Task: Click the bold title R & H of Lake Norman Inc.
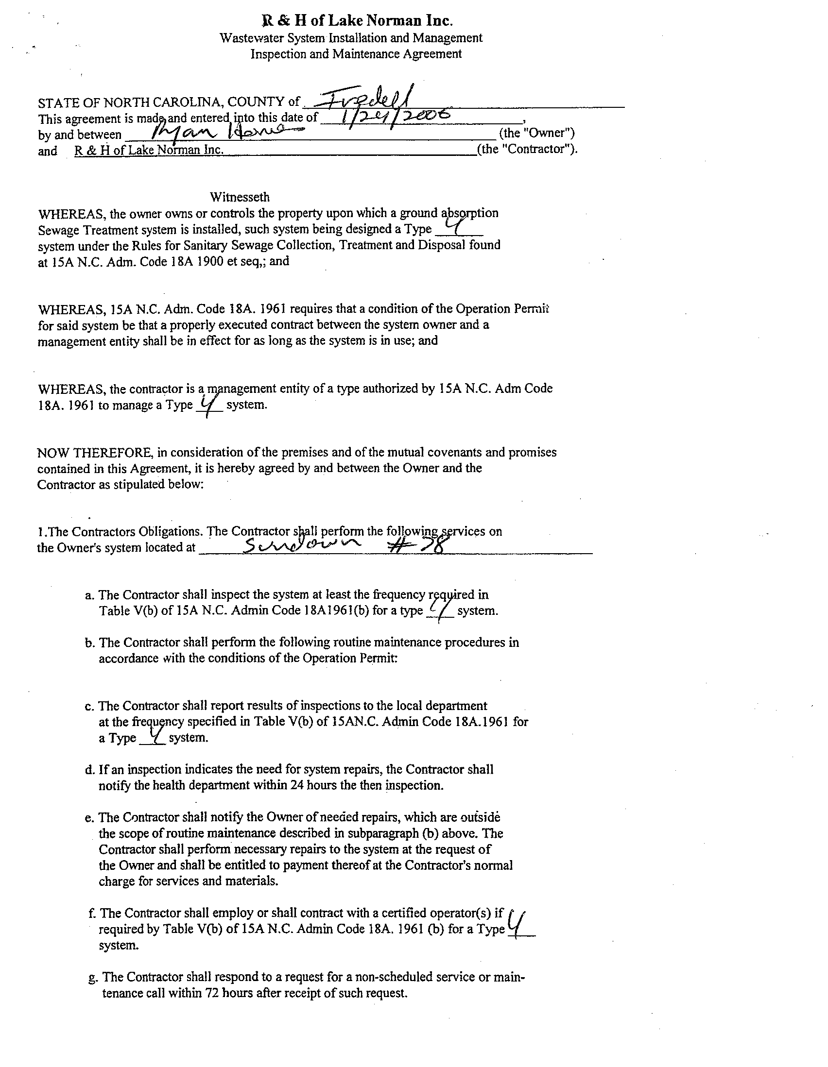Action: coord(357,21)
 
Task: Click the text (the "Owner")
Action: coord(536,133)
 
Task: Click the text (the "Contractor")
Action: coord(527,149)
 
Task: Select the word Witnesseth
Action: coord(240,197)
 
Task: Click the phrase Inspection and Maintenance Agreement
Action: coord(356,54)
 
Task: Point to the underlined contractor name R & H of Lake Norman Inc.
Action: coord(149,150)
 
